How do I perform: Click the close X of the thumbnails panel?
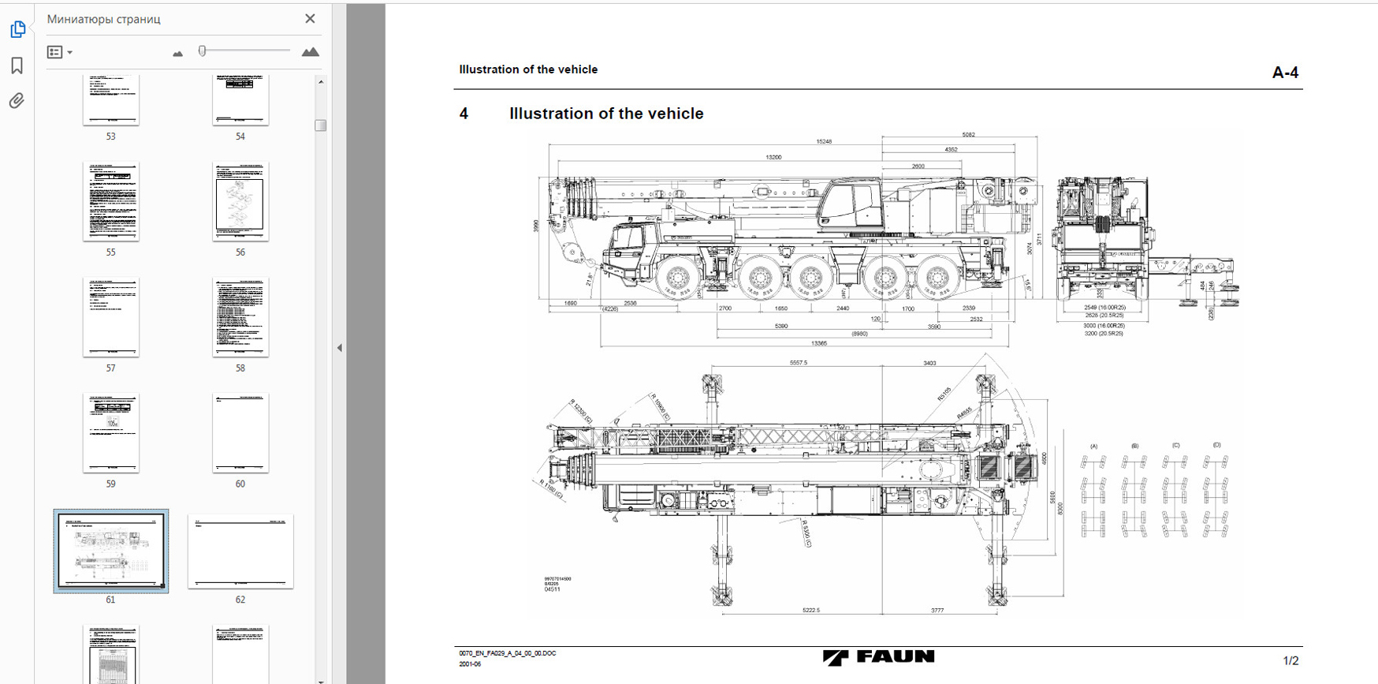click(x=310, y=19)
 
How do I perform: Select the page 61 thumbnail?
click(x=111, y=551)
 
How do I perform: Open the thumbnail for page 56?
click(x=240, y=202)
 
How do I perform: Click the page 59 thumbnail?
click(x=111, y=433)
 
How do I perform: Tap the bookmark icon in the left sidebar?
click(x=17, y=65)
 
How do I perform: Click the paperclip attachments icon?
click(x=17, y=101)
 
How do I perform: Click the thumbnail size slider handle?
click(x=203, y=51)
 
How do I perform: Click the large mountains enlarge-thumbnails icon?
click(x=310, y=52)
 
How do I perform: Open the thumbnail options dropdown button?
click(x=60, y=52)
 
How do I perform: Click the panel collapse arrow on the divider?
click(x=340, y=348)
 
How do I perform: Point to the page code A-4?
click(x=1285, y=73)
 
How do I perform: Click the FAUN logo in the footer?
click(x=878, y=657)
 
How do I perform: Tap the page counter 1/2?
click(x=1290, y=660)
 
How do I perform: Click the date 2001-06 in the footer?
click(x=470, y=664)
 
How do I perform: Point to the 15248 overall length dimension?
click(x=824, y=141)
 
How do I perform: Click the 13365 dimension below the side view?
click(x=819, y=343)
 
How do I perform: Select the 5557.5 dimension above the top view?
click(x=798, y=363)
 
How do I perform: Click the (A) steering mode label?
click(x=1093, y=447)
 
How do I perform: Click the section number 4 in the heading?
click(x=464, y=114)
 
